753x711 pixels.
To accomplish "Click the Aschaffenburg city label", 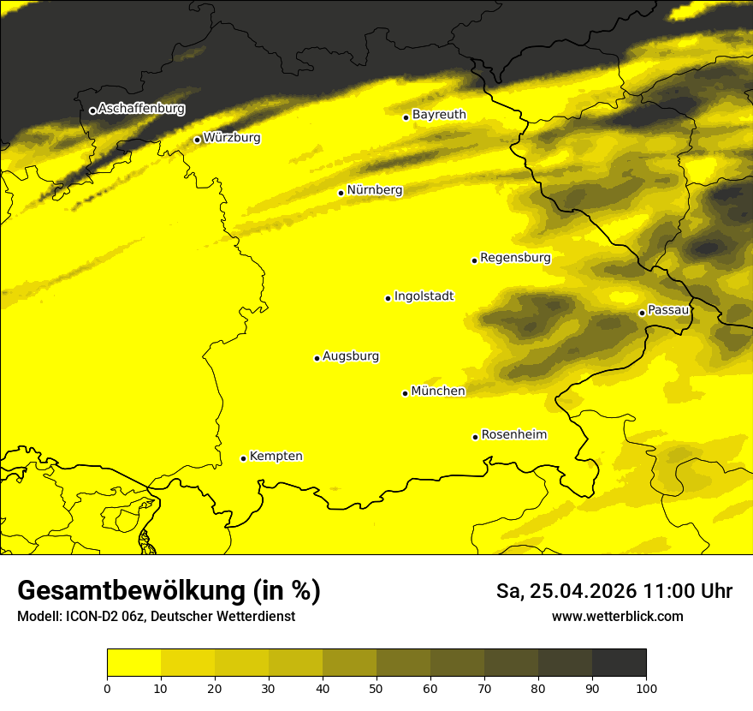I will [141, 109].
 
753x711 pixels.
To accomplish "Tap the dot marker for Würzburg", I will [197, 140].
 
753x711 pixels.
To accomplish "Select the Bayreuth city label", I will [439, 114].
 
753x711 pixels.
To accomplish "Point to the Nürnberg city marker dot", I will [341, 193].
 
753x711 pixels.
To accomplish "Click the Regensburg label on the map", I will [515, 257].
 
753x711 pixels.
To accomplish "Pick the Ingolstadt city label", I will [424, 296].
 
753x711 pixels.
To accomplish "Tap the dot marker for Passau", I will [642, 313].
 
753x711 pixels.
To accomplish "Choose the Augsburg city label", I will [351, 355].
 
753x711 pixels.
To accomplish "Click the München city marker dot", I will [405, 393].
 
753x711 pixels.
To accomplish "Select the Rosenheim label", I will [513, 434].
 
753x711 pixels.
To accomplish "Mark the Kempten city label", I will [276, 456].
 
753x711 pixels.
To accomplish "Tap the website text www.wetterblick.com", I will [618, 616].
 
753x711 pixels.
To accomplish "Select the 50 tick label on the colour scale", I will [376, 687].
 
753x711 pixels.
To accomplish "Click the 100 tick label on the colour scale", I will [646, 687].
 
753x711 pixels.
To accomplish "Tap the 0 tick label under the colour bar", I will [107, 687].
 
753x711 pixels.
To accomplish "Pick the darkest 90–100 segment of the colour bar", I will [619, 663].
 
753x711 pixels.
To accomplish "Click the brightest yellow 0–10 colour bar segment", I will [133, 663].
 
